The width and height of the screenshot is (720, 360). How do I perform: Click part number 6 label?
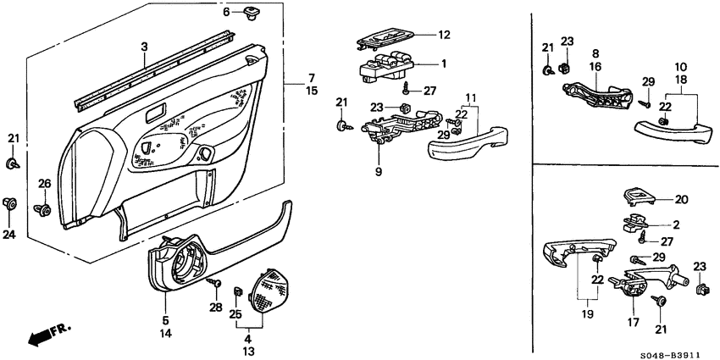click(x=226, y=12)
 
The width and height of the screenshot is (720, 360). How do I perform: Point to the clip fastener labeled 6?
click(x=252, y=12)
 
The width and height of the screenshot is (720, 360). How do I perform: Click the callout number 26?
click(x=45, y=184)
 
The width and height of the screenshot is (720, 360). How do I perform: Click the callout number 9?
click(x=379, y=173)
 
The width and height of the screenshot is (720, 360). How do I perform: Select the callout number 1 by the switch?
click(x=443, y=64)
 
